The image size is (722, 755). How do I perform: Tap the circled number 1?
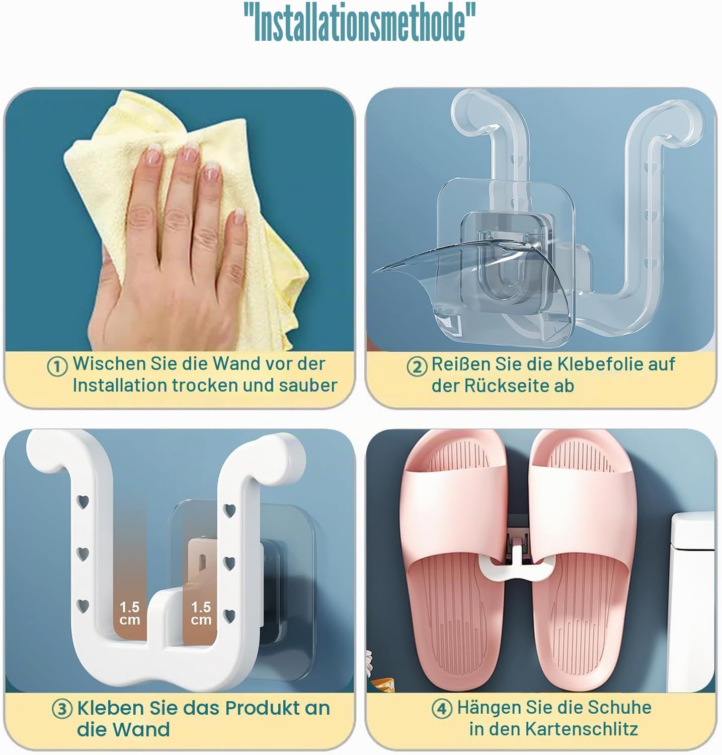click(x=57, y=366)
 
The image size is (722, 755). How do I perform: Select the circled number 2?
click(x=417, y=366)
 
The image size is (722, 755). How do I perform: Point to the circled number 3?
click(x=62, y=710)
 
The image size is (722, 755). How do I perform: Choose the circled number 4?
click(x=442, y=709)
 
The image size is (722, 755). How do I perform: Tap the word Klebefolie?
click(x=576, y=363)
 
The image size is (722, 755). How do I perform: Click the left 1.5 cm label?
click(x=129, y=613)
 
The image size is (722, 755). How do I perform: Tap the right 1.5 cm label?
click(x=201, y=613)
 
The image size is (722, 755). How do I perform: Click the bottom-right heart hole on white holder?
click(x=229, y=615)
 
